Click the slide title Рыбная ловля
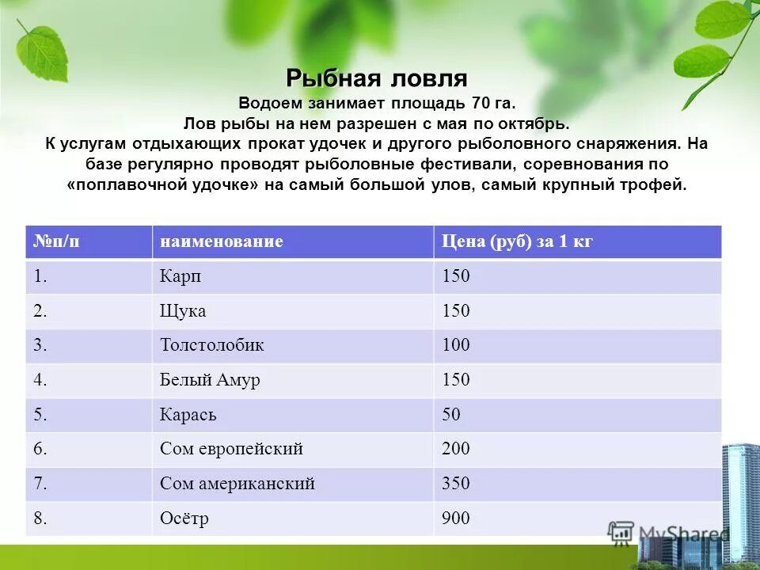pos(377,78)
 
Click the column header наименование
pos(221,241)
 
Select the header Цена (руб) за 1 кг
pos(516,241)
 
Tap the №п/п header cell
pos(56,241)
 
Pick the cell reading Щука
pos(183,311)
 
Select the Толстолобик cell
pos(211,345)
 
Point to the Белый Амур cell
pos(210,380)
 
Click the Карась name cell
pos(188,415)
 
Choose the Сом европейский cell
pos(231,449)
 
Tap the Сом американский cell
pos(237,484)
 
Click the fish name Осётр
pos(184,519)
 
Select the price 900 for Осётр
pos(456,519)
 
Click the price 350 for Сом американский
pos(456,484)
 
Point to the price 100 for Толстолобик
pos(456,345)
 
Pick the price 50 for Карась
pos(451,415)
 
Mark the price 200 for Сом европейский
pos(456,449)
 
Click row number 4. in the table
pos(41,380)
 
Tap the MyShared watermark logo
pos(669,533)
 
